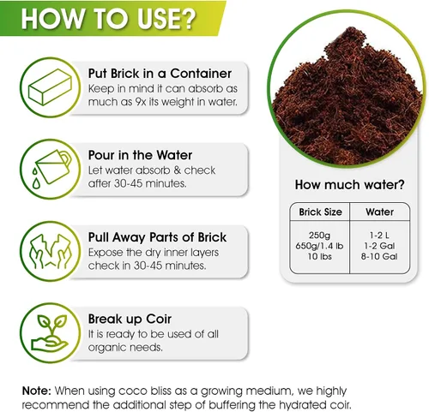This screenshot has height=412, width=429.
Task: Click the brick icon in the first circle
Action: click(50, 87)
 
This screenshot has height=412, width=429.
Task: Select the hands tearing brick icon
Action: click(51, 251)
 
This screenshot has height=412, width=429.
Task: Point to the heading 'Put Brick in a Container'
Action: click(160, 74)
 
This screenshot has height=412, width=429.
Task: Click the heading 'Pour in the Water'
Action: click(140, 155)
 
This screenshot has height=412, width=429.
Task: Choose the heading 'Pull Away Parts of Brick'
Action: click(157, 237)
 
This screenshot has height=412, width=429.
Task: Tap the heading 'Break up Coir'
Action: click(130, 319)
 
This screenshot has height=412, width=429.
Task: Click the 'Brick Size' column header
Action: click(320, 212)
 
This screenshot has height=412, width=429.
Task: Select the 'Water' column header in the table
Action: click(379, 212)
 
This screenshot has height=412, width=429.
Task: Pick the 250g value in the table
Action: click(319, 236)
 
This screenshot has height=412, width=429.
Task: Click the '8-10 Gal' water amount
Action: click(379, 256)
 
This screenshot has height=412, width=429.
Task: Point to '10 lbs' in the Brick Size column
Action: click(320, 256)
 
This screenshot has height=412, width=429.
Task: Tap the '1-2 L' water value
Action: click(379, 236)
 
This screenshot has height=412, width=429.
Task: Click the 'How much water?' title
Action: click(350, 185)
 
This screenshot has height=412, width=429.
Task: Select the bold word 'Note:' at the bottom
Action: click(37, 391)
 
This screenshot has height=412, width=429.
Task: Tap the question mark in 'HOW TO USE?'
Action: click(188, 19)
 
